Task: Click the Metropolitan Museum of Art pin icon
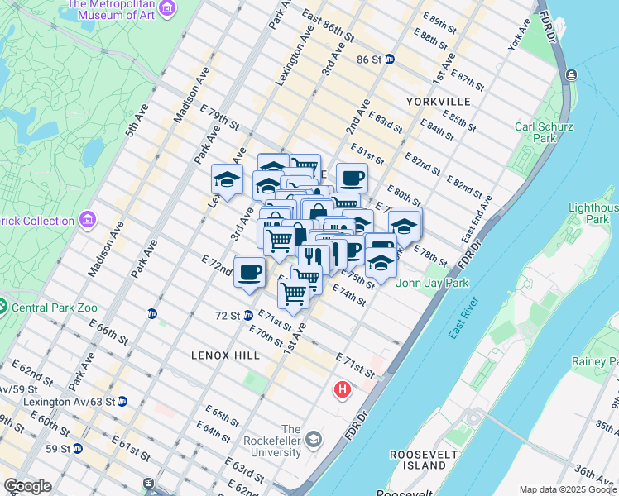pos(168,8)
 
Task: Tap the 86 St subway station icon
pos(389,60)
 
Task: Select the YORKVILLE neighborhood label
pos(439,101)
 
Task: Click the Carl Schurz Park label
pos(535,132)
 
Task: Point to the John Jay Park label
pos(432,283)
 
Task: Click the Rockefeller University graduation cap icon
pos(313,439)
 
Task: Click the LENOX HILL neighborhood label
pos(225,355)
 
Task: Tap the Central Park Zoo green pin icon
pos(4,308)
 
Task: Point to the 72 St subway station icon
pos(247,316)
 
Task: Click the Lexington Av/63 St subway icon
pos(122,402)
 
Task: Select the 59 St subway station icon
pos(77,449)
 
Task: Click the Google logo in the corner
pos(27,486)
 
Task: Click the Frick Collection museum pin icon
pos(89,221)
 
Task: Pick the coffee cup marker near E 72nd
pos(249,272)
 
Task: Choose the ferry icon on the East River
pos(571,75)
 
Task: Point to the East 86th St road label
pos(328,27)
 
